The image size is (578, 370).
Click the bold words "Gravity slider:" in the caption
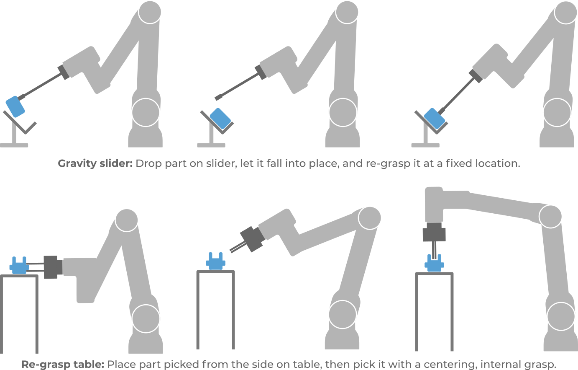[x=95, y=163]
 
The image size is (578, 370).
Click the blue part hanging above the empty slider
[x=15, y=106]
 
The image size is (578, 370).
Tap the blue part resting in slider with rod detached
[x=220, y=118]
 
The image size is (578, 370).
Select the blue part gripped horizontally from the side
[x=18, y=266]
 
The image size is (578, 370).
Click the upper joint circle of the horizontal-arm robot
[x=550, y=216]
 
